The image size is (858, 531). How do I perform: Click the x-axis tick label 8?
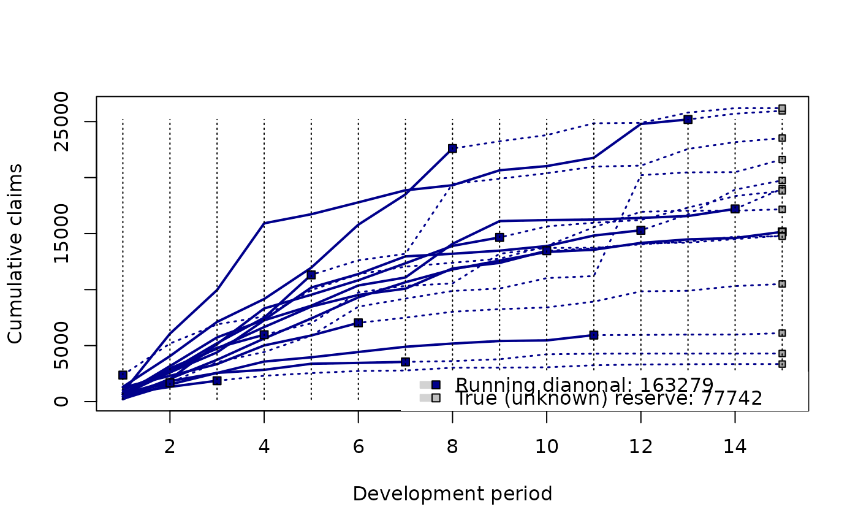(x=452, y=448)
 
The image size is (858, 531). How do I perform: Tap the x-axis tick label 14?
(x=735, y=448)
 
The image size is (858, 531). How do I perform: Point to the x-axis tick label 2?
(x=170, y=448)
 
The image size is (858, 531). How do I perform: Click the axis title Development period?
(x=452, y=494)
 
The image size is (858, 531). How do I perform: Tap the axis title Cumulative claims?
(x=15, y=253)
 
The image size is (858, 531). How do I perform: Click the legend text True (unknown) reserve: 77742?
(x=609, y=399)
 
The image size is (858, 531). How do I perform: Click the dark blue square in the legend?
(x=436, y=385)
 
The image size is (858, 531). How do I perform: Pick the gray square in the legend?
(x=436, y=399)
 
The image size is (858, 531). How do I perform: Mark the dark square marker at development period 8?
(x=452, y=148)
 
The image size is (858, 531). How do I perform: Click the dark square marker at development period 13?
(x=688, y=120)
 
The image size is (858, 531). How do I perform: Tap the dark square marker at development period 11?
(x=593, y=335)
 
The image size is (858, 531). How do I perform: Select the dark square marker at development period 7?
(x=405, y=362)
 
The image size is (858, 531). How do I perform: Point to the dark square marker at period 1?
(x=123, y=375)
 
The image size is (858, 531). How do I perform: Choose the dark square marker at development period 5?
(x=311, y=275)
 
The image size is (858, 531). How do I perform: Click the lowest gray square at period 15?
(x=782, y=364)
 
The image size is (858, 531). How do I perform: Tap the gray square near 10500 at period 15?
(x=782, y=284)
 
